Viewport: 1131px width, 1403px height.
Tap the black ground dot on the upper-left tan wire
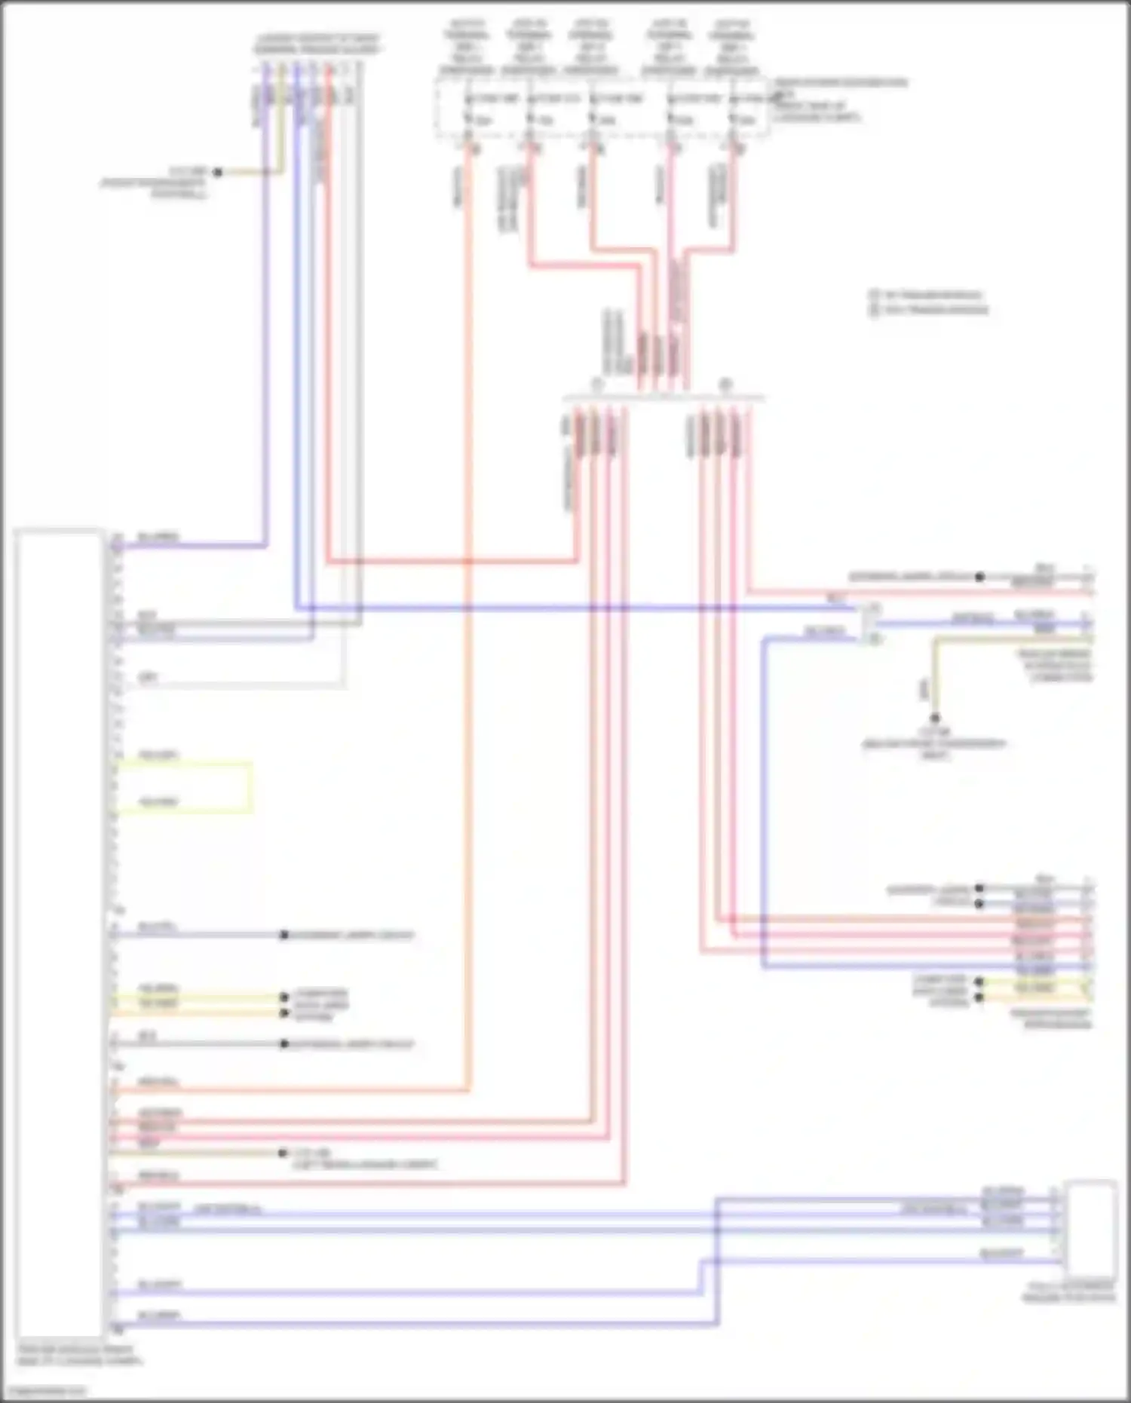pos(218,173)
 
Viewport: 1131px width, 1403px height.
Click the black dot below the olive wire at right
pos(935,718)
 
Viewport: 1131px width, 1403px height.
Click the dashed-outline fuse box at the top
pos(602,110)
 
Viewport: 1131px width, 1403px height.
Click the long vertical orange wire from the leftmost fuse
pos(468,603)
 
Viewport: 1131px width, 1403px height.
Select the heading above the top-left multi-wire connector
pos(317,44)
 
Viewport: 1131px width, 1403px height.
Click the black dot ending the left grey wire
pos(284,1044)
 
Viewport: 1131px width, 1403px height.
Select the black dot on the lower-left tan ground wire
pos(283,1153)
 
